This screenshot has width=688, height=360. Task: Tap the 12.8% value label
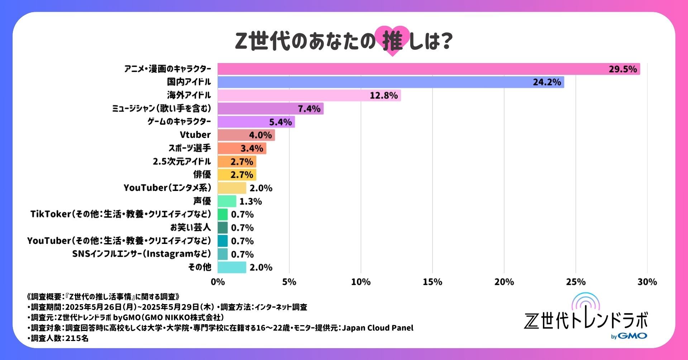click(x=384, y=96)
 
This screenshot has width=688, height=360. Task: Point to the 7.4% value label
click(x=309, y=109)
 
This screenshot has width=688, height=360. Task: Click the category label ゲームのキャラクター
click(x=179, y=122)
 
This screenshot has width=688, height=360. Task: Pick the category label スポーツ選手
click(x=190, y=148)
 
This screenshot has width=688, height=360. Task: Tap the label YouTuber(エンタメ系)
click(x=167, y=188)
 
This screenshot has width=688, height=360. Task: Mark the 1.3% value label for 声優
click(x=250, y=201)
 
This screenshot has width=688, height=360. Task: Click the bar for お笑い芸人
click(x=223, y=227)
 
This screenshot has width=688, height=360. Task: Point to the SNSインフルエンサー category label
click(x=142, y=254)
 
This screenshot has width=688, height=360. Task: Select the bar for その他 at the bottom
click(x=232, y=267)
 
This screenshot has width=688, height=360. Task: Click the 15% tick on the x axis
click(x=433, y=282)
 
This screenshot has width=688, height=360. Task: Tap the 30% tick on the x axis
click(x=647, y=282)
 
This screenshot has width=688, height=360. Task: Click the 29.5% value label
click(x=623, y=69)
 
